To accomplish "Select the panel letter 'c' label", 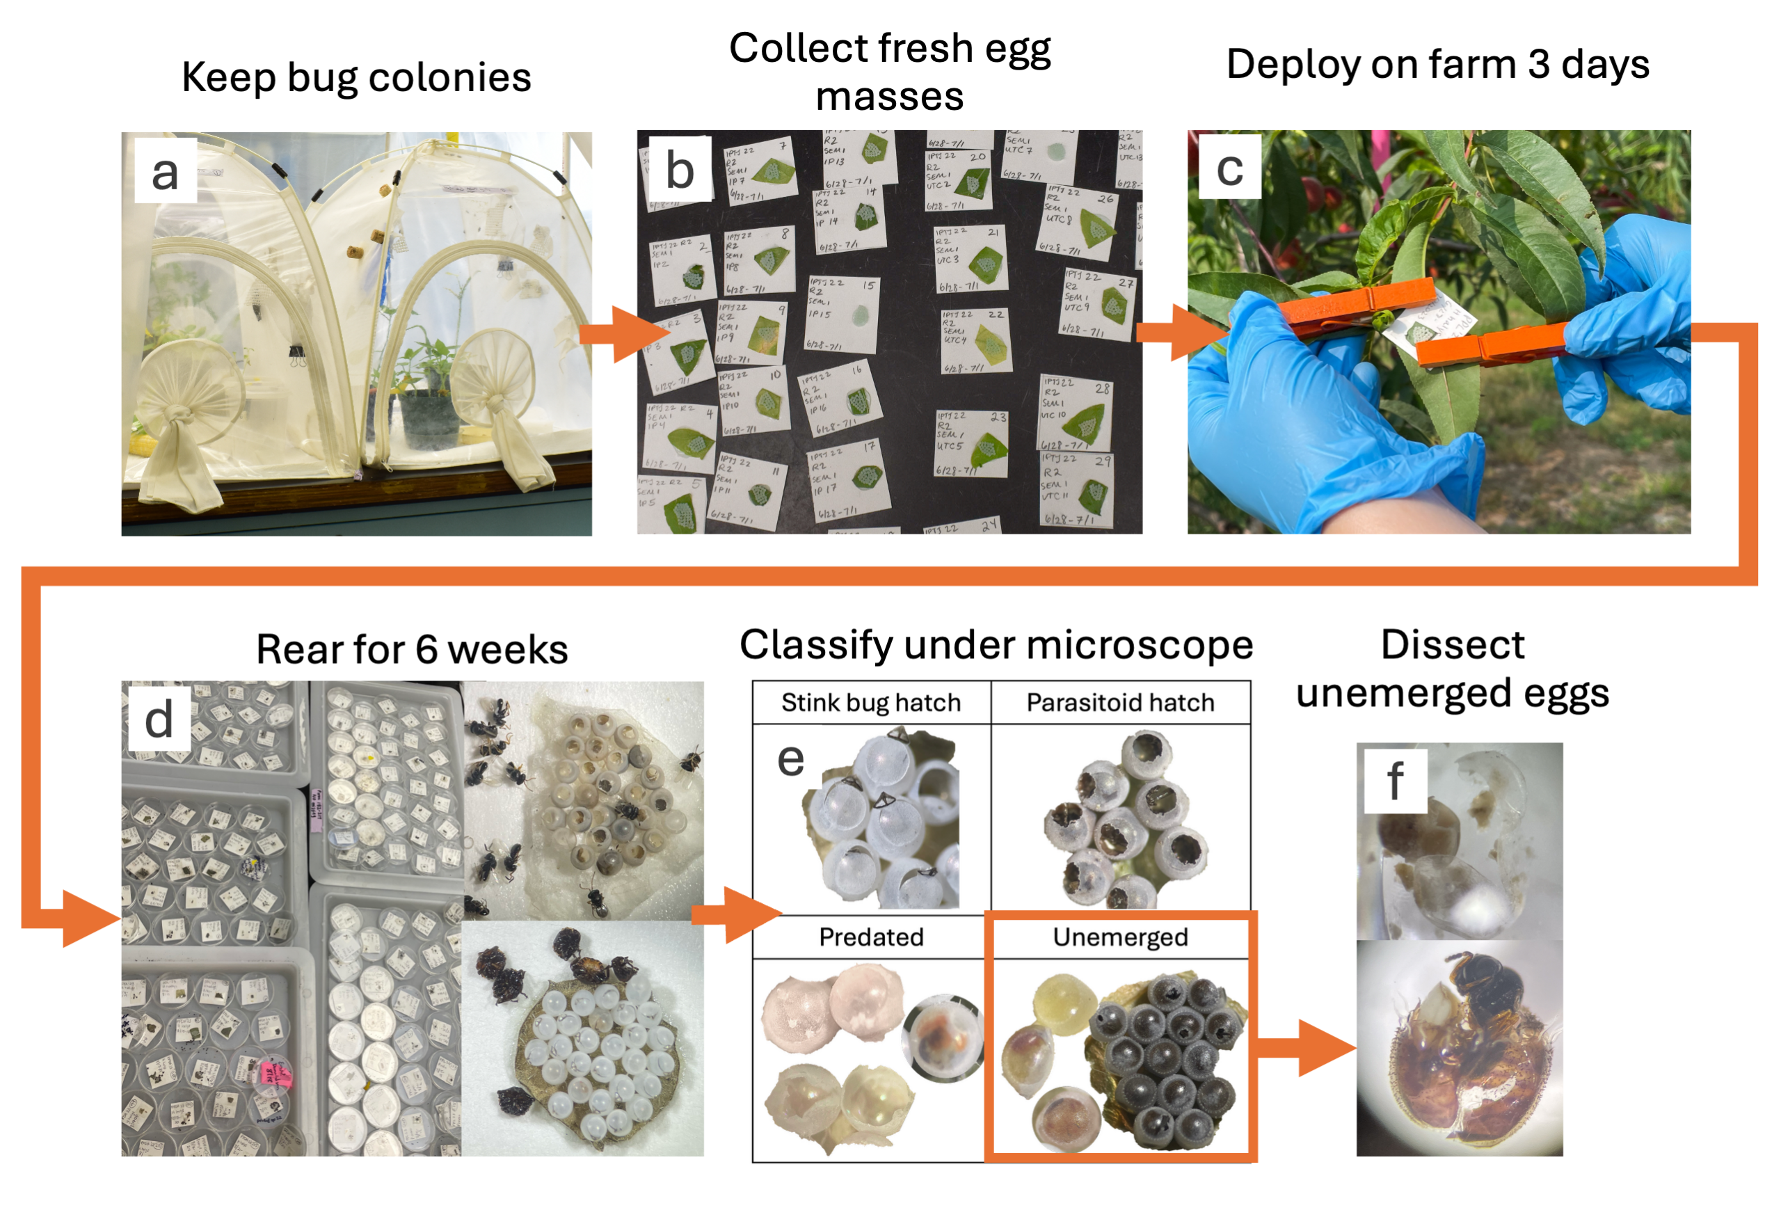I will (1229, 167).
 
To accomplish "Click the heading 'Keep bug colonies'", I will (356, 77).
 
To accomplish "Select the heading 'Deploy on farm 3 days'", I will (1438, 65).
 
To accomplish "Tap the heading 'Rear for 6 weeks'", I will (412, 649).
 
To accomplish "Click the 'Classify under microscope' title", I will (996, 644).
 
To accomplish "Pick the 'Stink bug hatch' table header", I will (870, 702).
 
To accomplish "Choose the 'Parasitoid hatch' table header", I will (1119, 702).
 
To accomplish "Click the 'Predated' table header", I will (870, 937).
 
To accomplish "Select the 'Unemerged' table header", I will (1119, 937).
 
